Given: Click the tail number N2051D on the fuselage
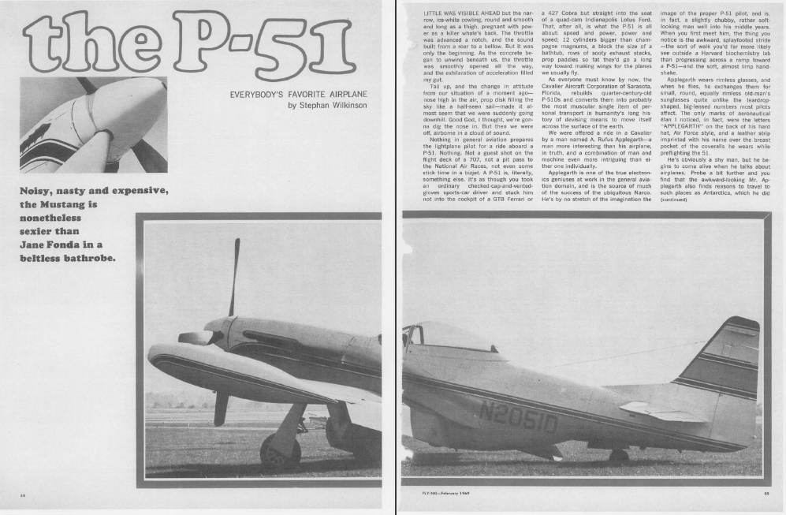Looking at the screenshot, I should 516,422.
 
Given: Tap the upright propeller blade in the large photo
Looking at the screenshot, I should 234,277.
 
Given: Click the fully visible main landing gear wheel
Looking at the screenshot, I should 280,452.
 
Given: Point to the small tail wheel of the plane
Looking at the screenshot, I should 619,455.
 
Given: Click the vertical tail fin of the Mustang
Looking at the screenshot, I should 721,363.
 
